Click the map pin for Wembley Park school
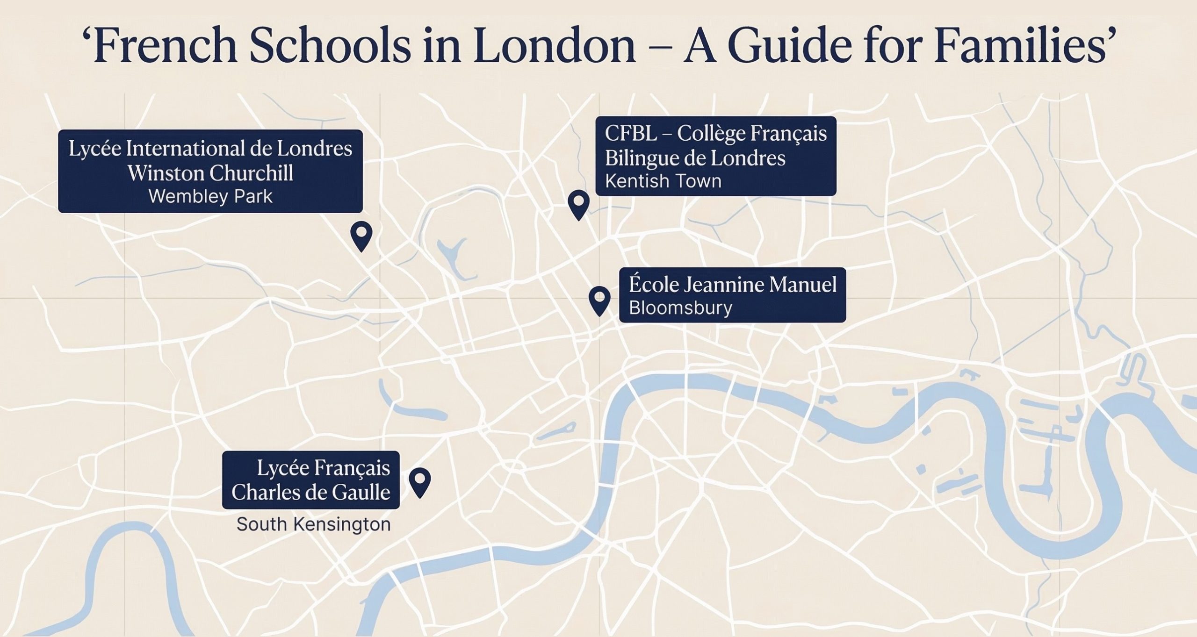click(x=361, y=234)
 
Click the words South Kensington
click(x=313, y=524)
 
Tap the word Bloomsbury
click(x=680, y=308)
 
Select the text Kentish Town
click(x=663, y=181)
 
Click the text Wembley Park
click(x=210, y=196)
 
